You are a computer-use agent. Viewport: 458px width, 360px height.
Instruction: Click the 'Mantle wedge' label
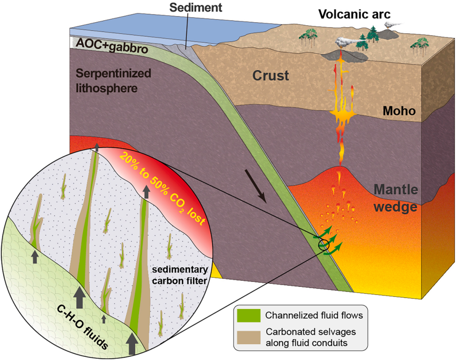(x=396, y=199)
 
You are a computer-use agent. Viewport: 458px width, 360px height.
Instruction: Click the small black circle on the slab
(x=324, y=245)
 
